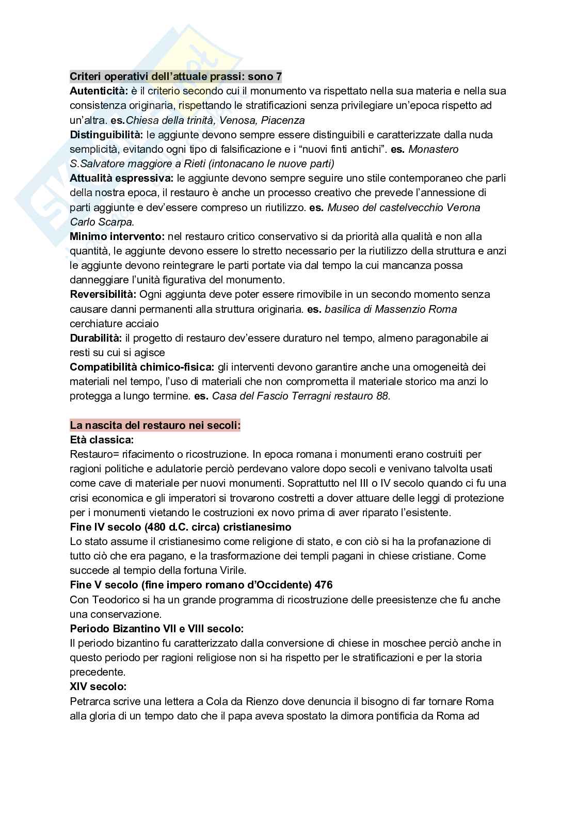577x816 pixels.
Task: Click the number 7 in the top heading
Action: tap(279, 76)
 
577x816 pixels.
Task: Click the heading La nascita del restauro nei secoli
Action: tap(155, 426)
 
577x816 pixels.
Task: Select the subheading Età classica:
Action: tap(102, 440)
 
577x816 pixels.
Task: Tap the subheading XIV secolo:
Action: tap(98, 686)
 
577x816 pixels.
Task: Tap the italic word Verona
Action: tap(462, 207)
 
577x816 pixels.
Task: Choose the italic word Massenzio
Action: tap(402, 309)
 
